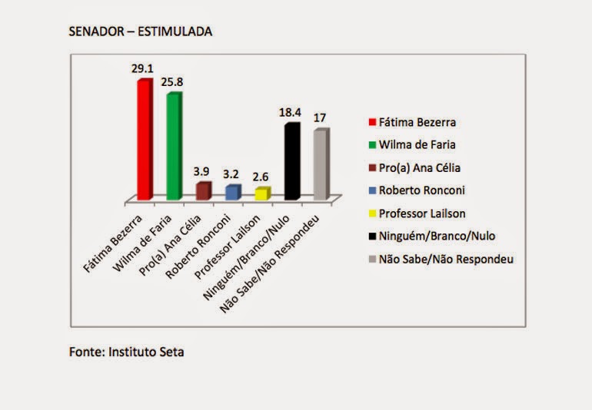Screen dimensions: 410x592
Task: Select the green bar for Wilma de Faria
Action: click(x=173, y=146)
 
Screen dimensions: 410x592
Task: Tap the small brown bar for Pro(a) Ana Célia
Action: click(x=202, y=191)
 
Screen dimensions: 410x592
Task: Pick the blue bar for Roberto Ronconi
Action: click(x=231, y=192)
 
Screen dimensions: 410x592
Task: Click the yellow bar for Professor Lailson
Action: click(x=261, y=193)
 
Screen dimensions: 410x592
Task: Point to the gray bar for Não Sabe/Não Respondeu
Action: click(x=321, y=164)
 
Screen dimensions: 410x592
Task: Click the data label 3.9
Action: click(x=202, y=170)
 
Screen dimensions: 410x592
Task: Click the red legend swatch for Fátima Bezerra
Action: click(x=372, y=122)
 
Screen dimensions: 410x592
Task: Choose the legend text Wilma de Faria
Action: click(x=416, y=144)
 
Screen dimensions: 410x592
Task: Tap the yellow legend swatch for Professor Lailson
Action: click(x=372, y=213)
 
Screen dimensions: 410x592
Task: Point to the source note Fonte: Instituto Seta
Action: click(x=127, y=352)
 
